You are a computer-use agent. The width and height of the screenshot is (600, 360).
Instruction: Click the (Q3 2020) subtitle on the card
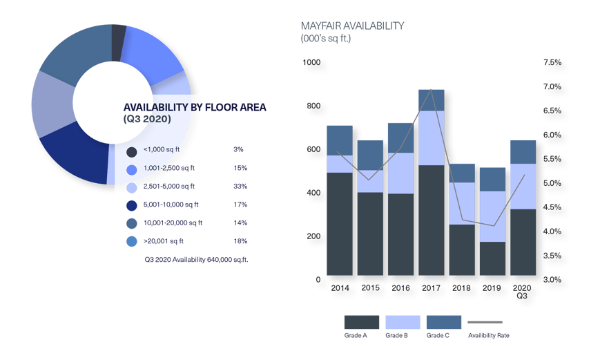[x=147, y=119]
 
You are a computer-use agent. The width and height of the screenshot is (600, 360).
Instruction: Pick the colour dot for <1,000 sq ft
[x=131, y=151]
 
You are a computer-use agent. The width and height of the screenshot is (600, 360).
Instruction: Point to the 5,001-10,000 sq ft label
[x=171, y=205]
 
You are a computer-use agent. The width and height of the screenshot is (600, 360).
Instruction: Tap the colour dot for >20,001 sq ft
[x=131, y=242]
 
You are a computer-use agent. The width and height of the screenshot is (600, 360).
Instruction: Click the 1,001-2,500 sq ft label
[x=168, y=168]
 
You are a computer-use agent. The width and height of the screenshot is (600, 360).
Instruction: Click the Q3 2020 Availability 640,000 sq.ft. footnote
[x=196, y=260]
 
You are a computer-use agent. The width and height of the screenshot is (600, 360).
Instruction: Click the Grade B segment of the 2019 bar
[x=492, y=216]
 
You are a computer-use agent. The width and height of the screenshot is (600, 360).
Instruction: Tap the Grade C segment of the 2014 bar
[x=340, y=140]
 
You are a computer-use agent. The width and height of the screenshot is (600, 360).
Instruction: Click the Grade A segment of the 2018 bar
[x=461, y=249]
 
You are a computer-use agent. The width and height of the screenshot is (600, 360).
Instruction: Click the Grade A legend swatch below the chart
[x=361, y=322]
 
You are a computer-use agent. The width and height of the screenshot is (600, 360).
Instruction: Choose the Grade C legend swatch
[x=444, y=322]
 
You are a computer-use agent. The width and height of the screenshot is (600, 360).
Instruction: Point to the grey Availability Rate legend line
[x=485, y=322]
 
